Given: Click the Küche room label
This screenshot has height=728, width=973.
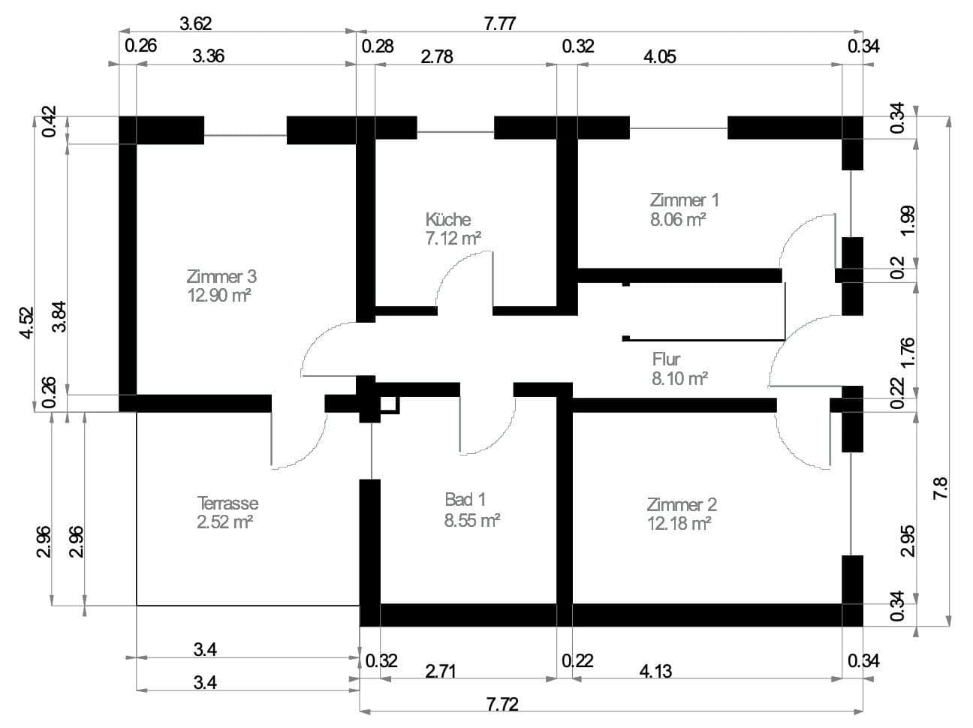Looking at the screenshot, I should pyautogui.click(x=447, y=220).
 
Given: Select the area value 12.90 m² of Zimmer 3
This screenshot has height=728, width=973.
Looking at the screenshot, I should pyautogui.click(x=218, y=295).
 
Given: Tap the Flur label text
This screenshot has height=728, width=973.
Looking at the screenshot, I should pyautogui.click(x=666, y=359).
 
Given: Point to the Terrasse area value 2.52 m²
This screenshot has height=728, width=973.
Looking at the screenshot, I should pyautogui.click(x=224, y=522).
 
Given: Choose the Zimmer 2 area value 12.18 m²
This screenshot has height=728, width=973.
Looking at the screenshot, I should pyautogui.click(x=679, y=523).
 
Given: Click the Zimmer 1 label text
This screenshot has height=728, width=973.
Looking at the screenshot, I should pyautogui.click(x=684, y=200).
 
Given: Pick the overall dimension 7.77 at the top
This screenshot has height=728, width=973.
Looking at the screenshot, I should pyautogui.click(x=499, y=23).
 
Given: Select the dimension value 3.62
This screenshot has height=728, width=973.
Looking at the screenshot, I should pyautogui.click(x=196, y=23).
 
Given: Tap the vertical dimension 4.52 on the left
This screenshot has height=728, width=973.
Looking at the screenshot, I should pyautogui.click(x=26, y=323).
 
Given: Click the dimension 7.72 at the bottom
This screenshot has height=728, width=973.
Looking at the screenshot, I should pyautogui.click(x=502, y=705).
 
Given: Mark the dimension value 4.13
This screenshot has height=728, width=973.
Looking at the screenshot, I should pyautogui.click(x=656, y=671).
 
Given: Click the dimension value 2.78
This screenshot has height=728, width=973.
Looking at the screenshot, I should pyautogui.click(x=437, y=56).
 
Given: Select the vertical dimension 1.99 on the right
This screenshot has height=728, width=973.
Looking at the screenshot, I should pyautogui.click(x=907, y=221).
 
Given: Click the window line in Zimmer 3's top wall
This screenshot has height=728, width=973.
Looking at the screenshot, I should pyautogui.click(x=246, y=136).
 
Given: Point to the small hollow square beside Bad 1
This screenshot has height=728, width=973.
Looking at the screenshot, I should pyautogui.click(x=389, y=405).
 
